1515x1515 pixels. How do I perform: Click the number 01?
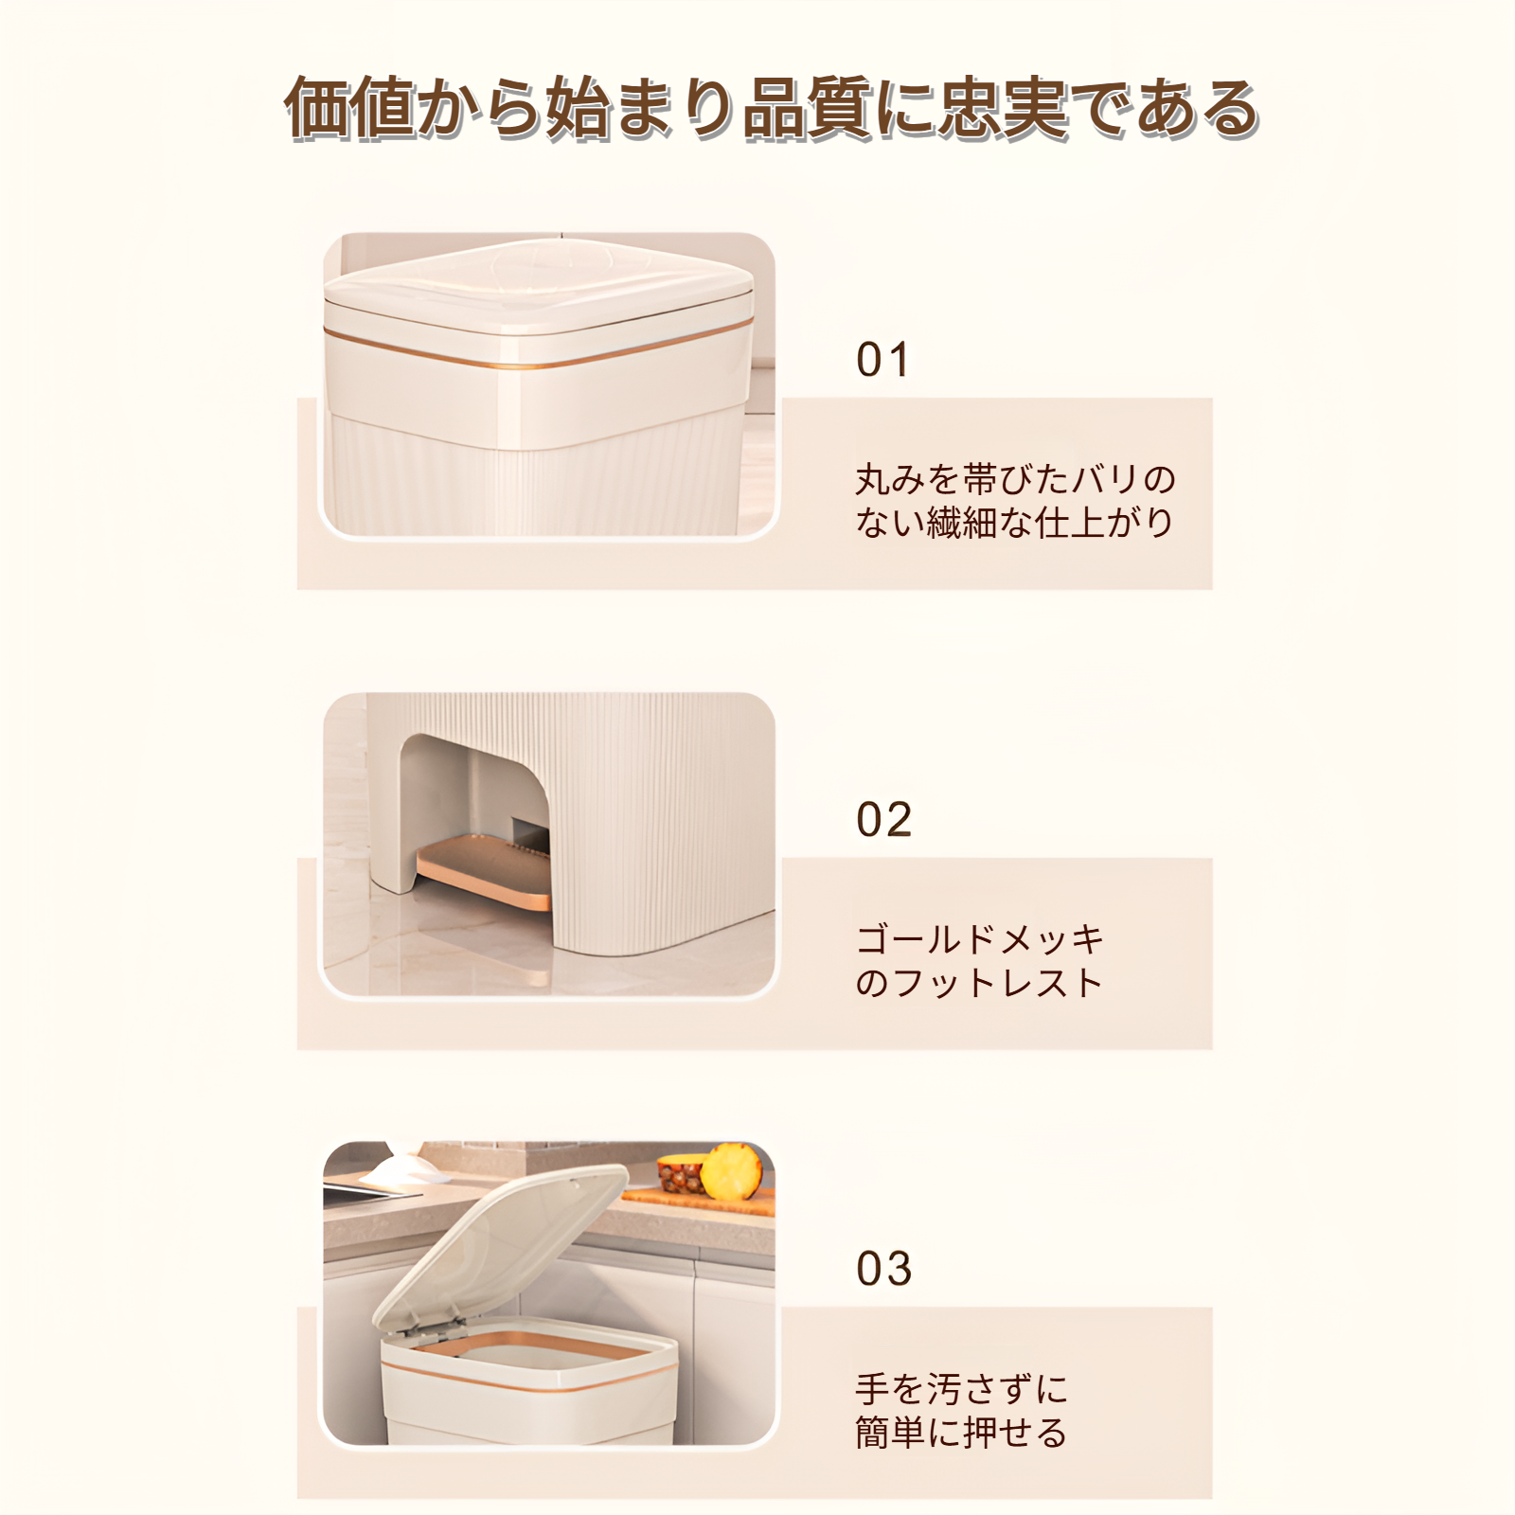pos(882,361)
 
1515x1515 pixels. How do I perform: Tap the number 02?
pos(883,820)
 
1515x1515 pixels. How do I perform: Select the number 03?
pos(883,1270)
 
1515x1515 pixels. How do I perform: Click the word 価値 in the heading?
pos(349,108)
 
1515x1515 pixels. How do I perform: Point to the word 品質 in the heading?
pos(807,108)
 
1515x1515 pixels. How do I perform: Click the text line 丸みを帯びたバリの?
pos(1014,480)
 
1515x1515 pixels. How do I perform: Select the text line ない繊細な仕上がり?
pos(1014,523)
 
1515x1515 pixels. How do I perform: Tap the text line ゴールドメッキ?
pos(980,940)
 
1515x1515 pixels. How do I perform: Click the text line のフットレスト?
pos(980,983)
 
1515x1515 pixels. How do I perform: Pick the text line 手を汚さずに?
pos(961,1390)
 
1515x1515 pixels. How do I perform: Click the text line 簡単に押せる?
pos(961,1433)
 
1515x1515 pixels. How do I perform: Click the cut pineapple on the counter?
pos(730,1170)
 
